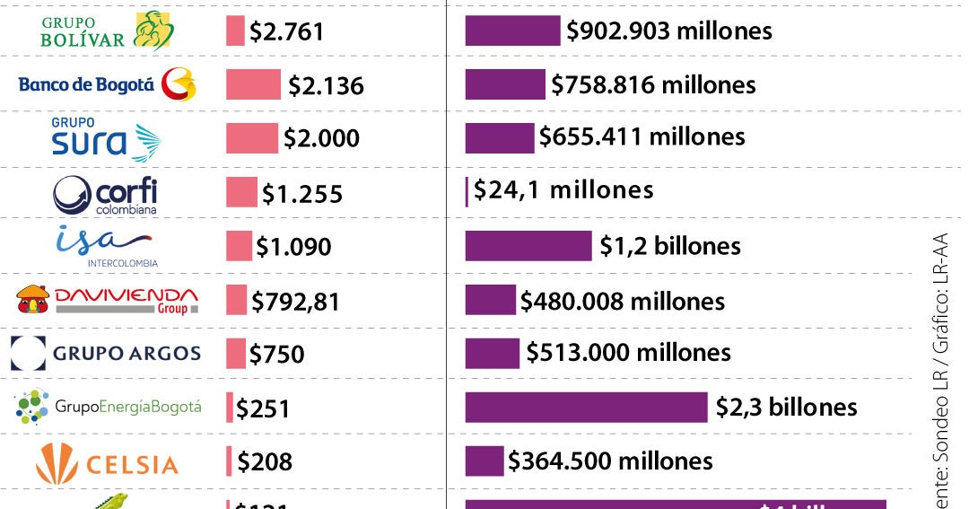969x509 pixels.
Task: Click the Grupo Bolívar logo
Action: [x=108, y=31]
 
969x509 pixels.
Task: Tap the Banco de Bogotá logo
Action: [x=106, y=85]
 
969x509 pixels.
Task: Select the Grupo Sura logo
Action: [x=106, y=138]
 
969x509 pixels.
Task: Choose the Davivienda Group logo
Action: [x=106, y=300]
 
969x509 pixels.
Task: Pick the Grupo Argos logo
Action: [x=106, y=353]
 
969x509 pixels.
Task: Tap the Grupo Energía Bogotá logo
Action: [x=108, y=407]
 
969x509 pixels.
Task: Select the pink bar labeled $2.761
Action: [x=235, y=31]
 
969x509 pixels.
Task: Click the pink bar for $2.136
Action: [x=253, y=84]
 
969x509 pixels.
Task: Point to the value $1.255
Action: [x=301, y=194]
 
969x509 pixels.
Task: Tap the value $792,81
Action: [x=295, y=302]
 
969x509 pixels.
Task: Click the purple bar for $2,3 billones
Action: [x=586, y=407]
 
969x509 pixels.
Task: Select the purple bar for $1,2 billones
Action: [x=528, y=245]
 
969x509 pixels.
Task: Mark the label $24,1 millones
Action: [x=563, y=190]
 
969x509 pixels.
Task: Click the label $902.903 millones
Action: [x=668, y=31]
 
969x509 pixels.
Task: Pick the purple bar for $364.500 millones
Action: [x=484, y=461]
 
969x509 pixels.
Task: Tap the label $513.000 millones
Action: [x=628, y=353]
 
